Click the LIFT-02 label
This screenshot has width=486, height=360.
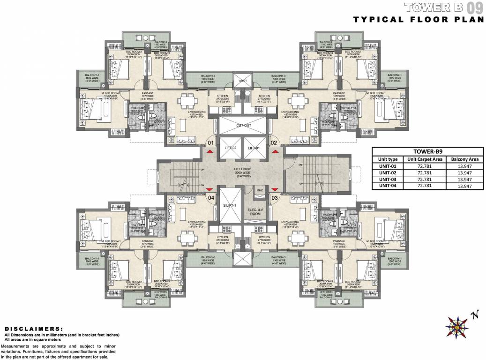point(230,148)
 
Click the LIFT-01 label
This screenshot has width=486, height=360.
point(254,148)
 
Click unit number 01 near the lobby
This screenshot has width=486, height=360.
point(211,142)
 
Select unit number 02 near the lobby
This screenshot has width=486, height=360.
point(275,142)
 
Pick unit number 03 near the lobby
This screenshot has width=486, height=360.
point(275,198)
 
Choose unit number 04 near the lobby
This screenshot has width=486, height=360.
point(211,198)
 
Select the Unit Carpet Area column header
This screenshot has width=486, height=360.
point(425,159)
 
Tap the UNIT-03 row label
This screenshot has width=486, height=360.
point(388,179)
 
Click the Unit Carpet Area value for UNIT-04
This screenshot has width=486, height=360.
point(425,186)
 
